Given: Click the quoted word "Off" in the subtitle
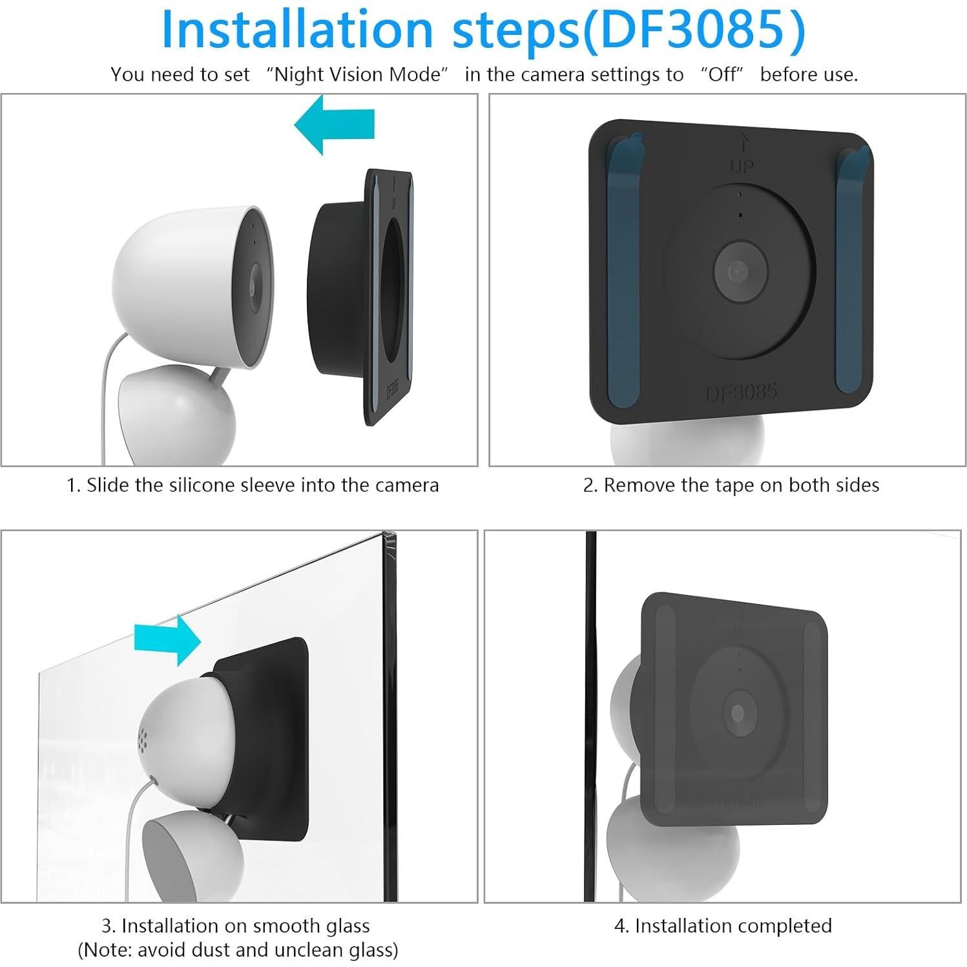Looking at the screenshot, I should coord(722,75).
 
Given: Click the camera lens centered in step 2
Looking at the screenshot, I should coord(739,270).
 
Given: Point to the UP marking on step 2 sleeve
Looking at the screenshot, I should coord(742,166).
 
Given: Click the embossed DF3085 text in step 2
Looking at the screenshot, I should coord(741,392).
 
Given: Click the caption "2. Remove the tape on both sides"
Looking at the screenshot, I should coord(731,485).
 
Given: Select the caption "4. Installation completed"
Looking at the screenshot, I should coord(722,926).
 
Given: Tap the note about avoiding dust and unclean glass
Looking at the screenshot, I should coord(238,950).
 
